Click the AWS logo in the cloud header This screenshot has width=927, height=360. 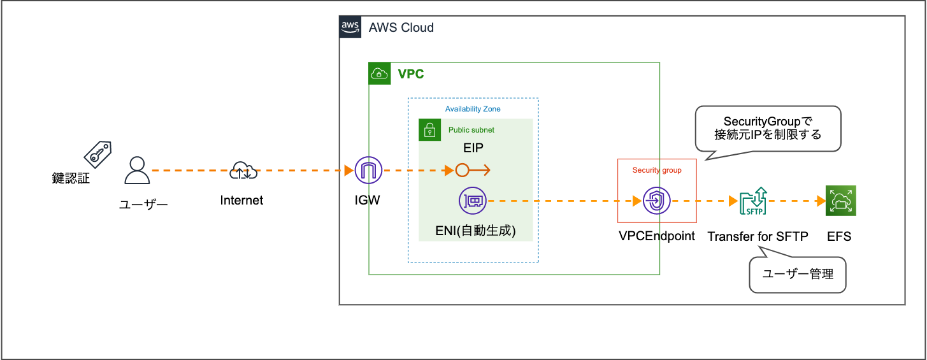350,27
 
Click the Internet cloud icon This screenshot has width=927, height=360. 242,171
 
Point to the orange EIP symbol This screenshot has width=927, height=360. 472,170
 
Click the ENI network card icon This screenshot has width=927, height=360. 473,201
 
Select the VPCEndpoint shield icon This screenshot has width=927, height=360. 656,201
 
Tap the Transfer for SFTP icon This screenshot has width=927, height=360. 753,201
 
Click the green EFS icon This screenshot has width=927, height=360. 840,201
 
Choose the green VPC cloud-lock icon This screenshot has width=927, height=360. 380,74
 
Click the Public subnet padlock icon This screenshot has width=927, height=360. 429,130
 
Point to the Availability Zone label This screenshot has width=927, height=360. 473,109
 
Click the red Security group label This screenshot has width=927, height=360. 656,170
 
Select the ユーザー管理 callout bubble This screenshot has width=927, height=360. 798,275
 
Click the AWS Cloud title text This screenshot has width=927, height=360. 401,27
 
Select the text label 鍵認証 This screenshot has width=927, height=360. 71,178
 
